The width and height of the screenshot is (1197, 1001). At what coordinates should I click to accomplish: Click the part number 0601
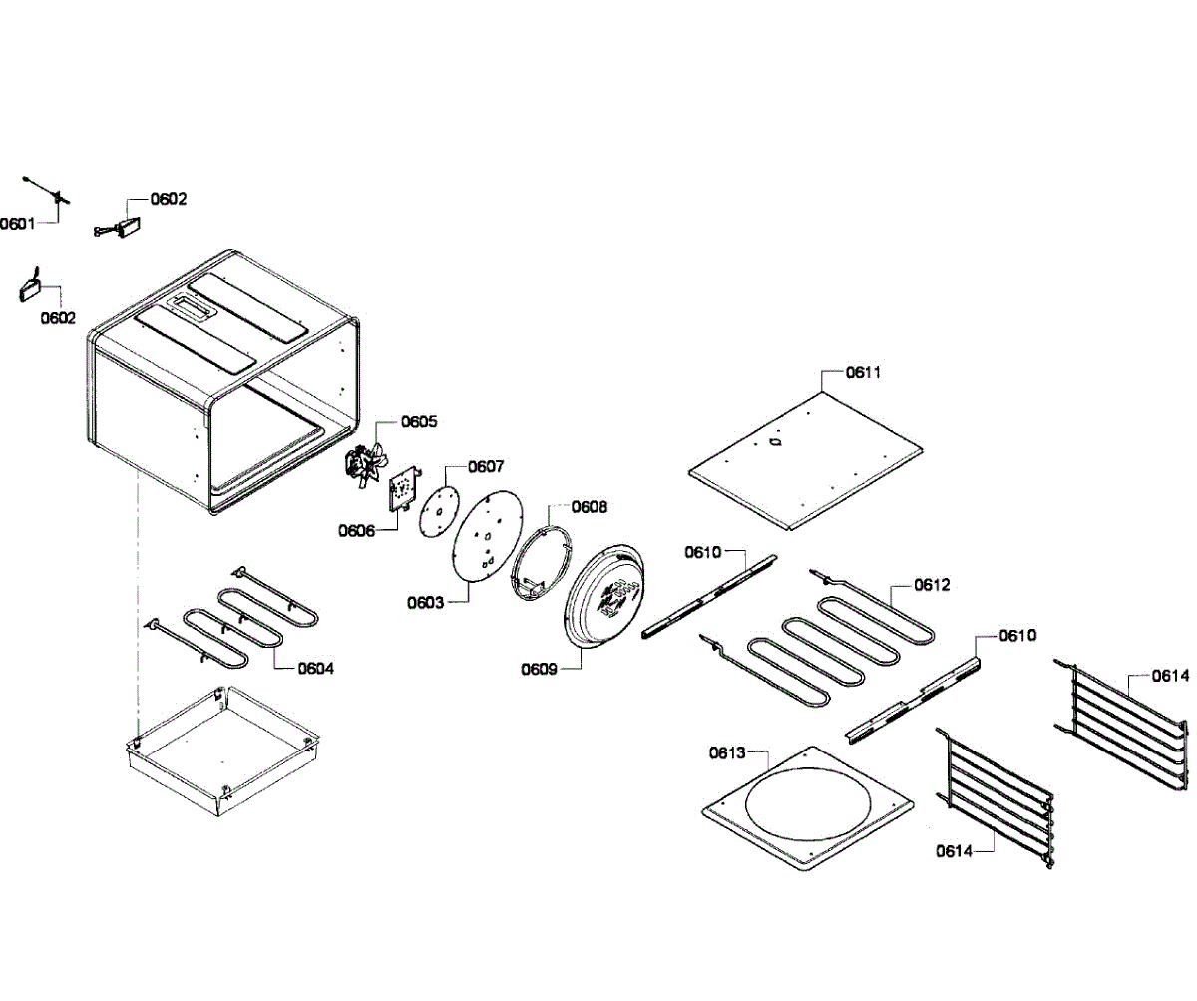pyautogui.click(x=17, y=223)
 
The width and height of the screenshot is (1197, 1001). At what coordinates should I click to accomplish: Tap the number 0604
pyautogui.click(x=315, y=668)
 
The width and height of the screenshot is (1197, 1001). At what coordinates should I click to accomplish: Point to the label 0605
pyautogui.click(x=419, y=421)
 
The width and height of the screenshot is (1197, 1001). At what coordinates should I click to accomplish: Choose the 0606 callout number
pyautogui.click(x=356, y=530)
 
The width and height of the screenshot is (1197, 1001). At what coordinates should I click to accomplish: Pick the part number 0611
pyautogui.click(x=863, y=372)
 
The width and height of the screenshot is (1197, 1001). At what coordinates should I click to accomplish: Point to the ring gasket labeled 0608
pyautogui.click(x=541, y=566)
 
